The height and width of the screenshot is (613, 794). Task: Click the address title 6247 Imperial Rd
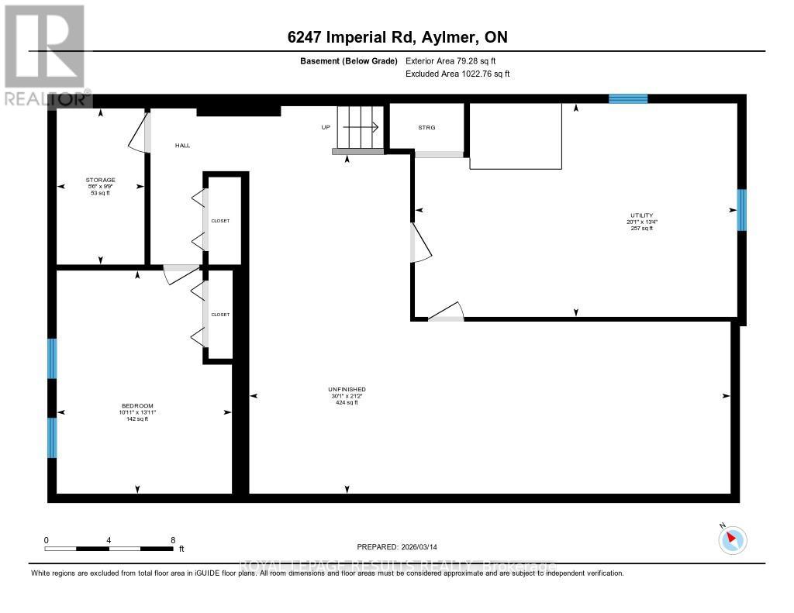[396, 37]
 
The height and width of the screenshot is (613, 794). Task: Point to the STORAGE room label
[100, 181]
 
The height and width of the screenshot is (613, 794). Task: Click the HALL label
[182, 145]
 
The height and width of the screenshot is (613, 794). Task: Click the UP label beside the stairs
[326, 127]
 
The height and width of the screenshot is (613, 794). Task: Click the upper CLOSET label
[220, 221]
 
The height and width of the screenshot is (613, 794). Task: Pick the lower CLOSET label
[220, 315]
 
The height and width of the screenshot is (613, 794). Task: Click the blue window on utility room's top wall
[628, 98]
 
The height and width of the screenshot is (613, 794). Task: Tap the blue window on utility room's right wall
[741, 210]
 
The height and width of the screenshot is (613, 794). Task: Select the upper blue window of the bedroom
[53, 358]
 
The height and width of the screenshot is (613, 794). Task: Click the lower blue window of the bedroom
[53, 438]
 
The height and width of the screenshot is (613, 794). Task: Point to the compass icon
[732, 539]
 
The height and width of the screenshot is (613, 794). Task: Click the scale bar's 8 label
[173, 540]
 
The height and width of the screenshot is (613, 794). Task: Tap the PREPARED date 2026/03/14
[397, 546]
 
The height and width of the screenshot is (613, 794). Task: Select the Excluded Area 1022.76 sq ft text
[457, 74]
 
